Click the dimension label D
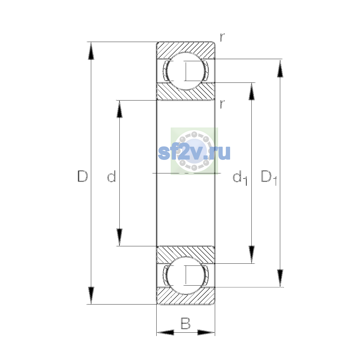coord(82,176)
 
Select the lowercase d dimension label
coord(112,176)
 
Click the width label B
coord(185,323)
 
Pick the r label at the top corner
coord(222,37)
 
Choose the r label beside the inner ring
coord(222,104)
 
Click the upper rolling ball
coord(185,71)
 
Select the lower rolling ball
coord(185,275)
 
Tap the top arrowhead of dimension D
coord(91,51)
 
